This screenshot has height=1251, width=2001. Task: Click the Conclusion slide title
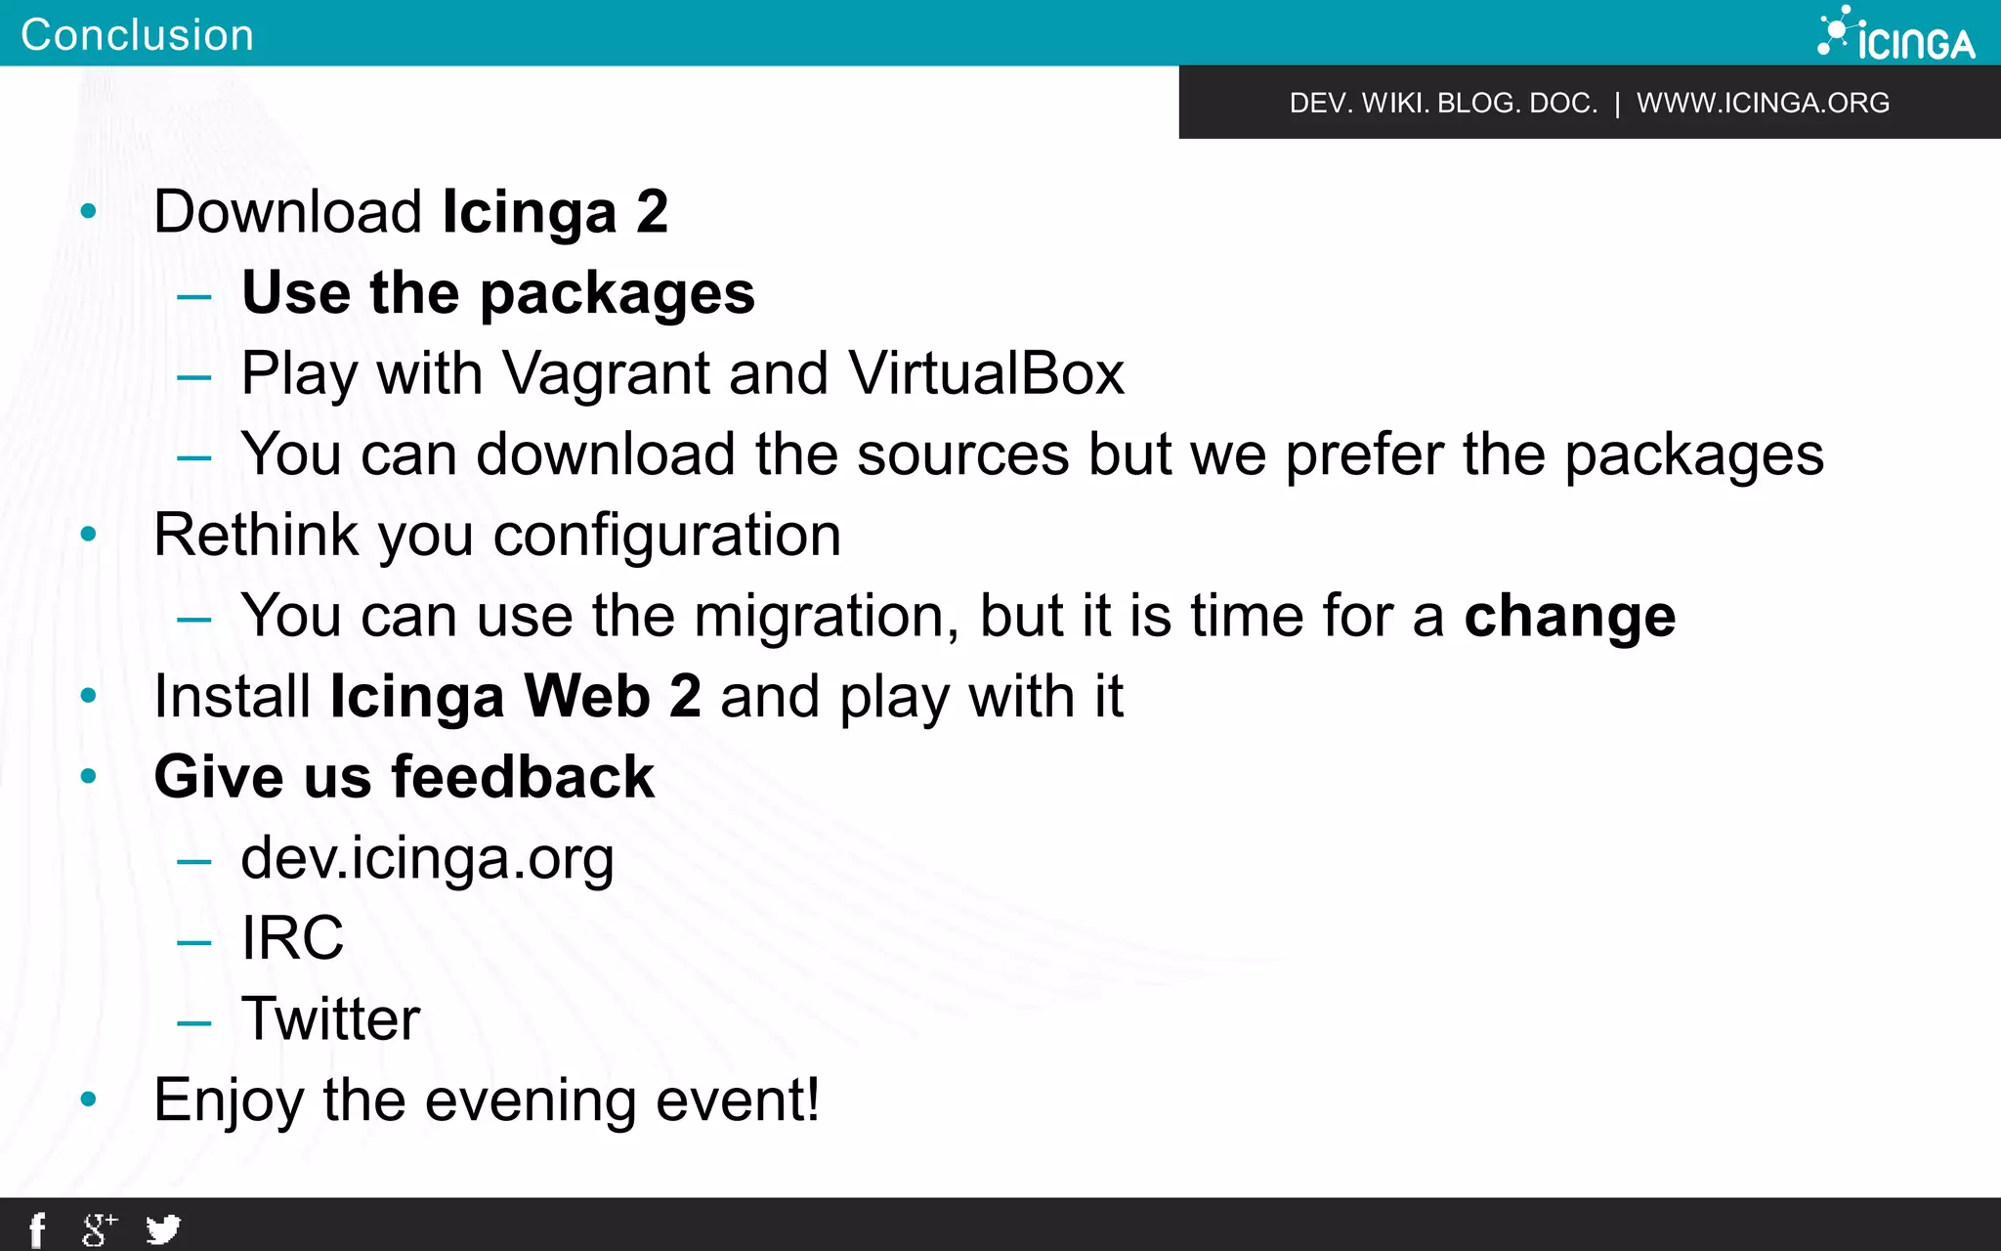tap(137, 35)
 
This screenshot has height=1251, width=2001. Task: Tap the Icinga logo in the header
tap(1895, 35)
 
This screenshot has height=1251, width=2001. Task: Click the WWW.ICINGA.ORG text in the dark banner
tap(1763, 103)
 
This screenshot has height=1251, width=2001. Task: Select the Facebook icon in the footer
tap(37, 1229)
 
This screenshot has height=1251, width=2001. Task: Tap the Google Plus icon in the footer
tap(99, 1229)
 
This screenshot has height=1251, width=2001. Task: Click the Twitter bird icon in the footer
tap(163, 1229)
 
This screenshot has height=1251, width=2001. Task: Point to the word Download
tap(288, 211)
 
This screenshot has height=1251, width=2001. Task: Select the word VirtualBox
tap(986, 373)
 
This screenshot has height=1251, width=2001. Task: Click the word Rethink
tap(256, 536)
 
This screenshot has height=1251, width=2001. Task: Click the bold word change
tap(1569, 617)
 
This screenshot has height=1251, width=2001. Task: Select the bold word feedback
tap(523, 777)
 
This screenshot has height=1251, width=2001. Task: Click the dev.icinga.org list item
tap(427, 858)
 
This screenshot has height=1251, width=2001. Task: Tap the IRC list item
tap(292, 938)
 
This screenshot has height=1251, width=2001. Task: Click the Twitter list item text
tap(330, 1019)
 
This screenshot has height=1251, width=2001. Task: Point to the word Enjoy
tap(229, 1101)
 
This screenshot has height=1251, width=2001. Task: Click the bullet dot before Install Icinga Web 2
tap(89, 696)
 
